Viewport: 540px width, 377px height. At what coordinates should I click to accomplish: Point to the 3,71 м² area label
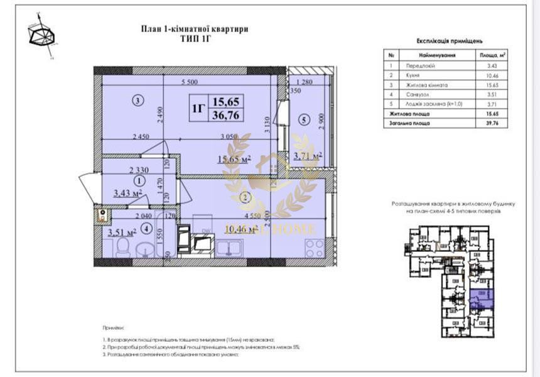[308, 155]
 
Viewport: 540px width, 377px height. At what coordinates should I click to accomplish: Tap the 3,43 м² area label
[127, 193]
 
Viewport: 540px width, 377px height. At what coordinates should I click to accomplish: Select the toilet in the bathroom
[124, 250]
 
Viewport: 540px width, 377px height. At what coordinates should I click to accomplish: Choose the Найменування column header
[437, 55]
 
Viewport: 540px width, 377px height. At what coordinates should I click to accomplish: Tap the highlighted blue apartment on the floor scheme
[482, 300]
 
